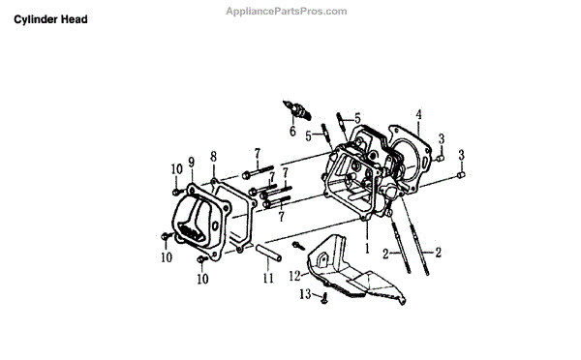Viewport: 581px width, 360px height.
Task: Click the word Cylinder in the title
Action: point(36,19)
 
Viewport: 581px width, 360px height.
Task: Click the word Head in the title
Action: point(75,19)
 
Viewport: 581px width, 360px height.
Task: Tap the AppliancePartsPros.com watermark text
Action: point(287,12)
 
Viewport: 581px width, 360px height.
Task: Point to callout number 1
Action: point(367,248)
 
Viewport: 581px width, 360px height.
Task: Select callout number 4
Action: point(418,114)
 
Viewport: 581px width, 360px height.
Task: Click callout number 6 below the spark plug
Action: point(292,131)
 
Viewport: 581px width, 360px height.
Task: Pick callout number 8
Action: point(213,157)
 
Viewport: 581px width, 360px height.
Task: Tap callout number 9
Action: point(191,163)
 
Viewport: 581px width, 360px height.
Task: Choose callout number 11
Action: point(268,278)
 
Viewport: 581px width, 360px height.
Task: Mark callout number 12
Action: point(295,276)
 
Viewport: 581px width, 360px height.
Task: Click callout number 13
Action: point(305,294)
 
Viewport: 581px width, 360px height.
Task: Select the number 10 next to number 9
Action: point(177,169)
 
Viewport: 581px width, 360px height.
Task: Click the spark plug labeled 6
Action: point(296,109)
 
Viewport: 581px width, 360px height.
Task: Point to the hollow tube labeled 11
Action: point(268,253)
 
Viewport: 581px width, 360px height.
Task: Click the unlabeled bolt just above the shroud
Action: point(298,245)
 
